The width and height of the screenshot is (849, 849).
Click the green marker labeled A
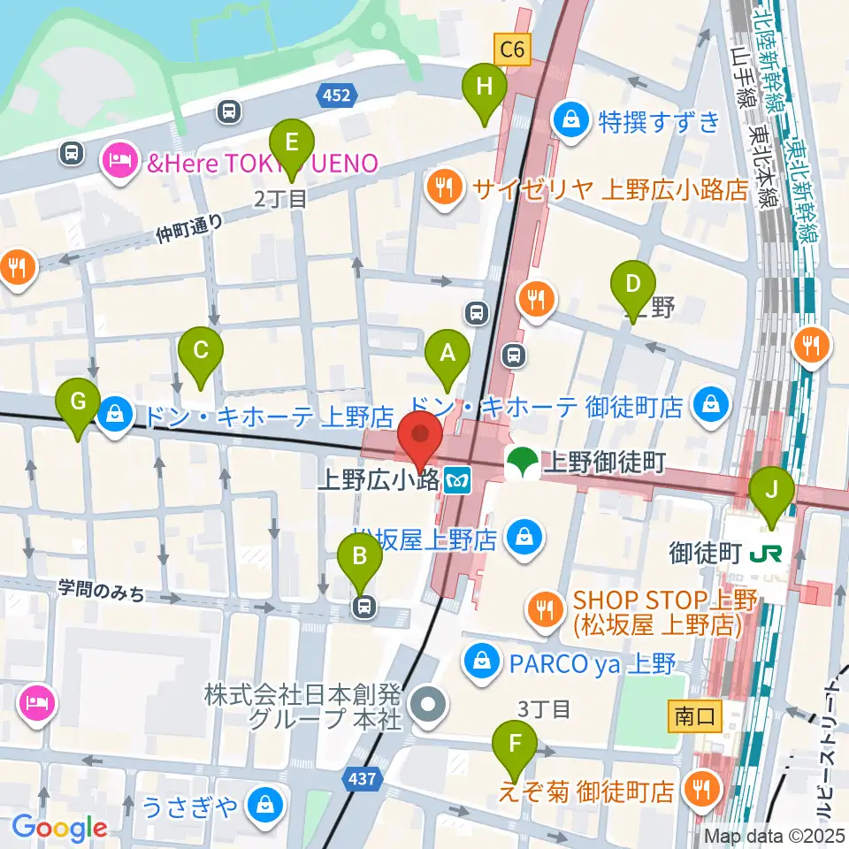pos(447,356)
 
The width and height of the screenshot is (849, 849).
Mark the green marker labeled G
pos(78,404)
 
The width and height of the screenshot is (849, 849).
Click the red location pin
pos(421,440)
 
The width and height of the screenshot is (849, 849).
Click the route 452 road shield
pos(337,95)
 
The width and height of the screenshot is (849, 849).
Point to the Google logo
pos(59,829)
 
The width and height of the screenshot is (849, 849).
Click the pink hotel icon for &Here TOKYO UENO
pos(118,160)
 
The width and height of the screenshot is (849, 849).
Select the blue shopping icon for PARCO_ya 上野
pos(482,661)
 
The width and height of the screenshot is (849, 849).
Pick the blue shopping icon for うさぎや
pos(264,804)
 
